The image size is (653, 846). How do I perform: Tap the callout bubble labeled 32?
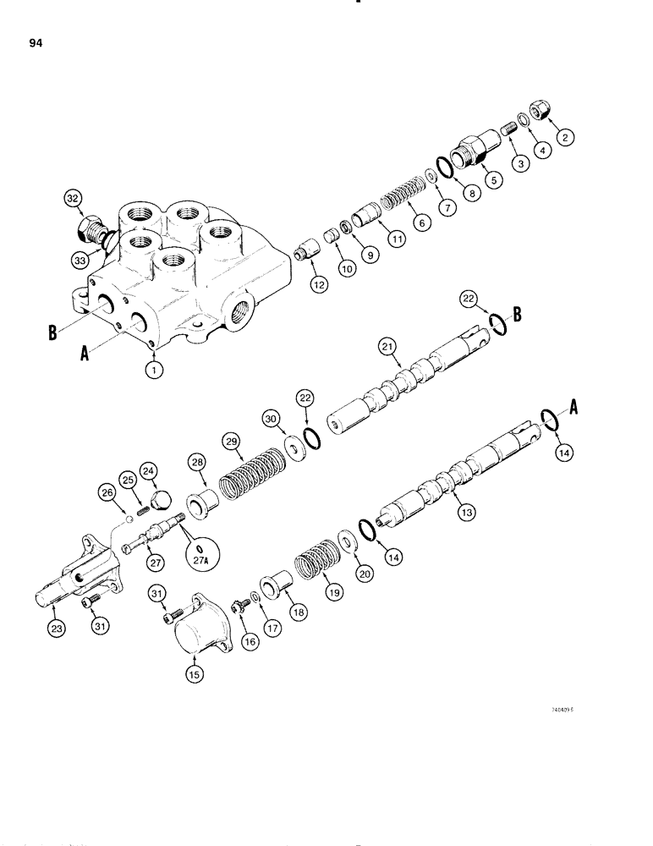(x=73, y=200)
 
